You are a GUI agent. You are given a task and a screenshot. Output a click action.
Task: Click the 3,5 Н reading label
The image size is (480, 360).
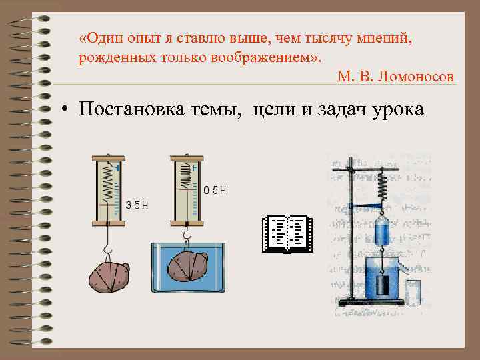pyautogui.click(x=137, y=205)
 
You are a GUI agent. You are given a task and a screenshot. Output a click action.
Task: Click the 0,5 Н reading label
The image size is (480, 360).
pyautogui.click(x=215, y=191)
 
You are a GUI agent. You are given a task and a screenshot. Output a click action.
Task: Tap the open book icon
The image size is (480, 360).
pyautogui.click(x=287, y=233)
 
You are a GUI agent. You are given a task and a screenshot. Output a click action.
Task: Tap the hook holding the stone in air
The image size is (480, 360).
pyautogui.click(x=106, y=249)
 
